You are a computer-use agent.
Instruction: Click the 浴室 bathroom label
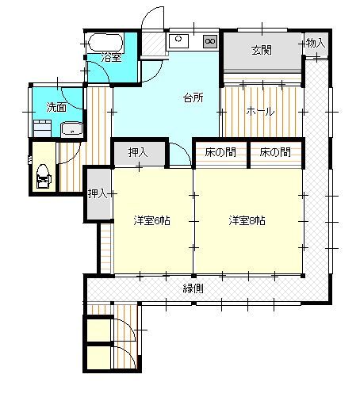pyautogui.click(x=112, y=58)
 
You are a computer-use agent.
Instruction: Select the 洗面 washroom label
pyautogui.click(x=56, y=106)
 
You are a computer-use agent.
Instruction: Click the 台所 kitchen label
pyautogui.click(x=193, y=98)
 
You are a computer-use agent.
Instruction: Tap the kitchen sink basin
pyautogui.click(x=179, y=40)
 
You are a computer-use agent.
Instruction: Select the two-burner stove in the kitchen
pyautogui.click(x=210, y=40)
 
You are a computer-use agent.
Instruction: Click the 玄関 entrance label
pyautogui.click(x=262, y=51)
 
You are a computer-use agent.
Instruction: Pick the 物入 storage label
pyautogui.click(x=315, y=44)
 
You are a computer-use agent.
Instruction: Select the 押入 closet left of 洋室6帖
pyautogui.click(x=97, y=193)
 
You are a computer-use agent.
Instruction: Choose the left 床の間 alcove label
pyautogui.click(x=220, y=152)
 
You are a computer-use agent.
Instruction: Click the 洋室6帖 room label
pyautogui.click(x=149, y=220)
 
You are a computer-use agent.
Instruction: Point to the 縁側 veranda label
pyautogui.click(x=193, y=288)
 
